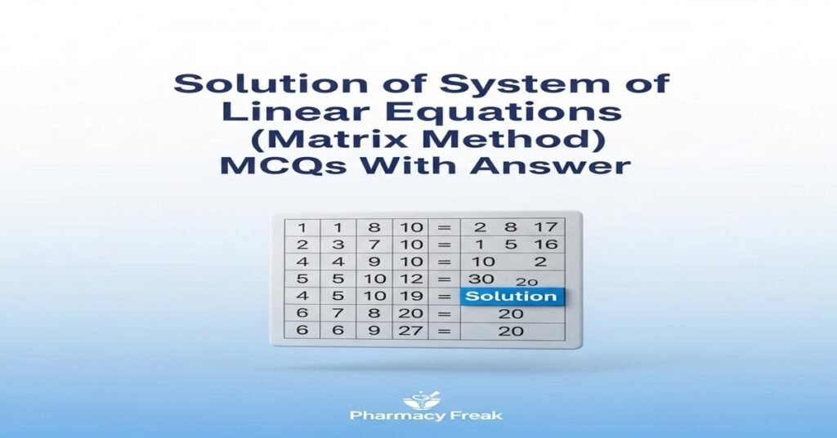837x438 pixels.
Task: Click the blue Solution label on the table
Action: click(x=511, y=297)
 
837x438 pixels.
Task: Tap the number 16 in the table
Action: click(x=544, y=245)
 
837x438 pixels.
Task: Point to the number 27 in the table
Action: click(x=407, y=331)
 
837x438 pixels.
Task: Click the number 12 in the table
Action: click(x=407, y=279)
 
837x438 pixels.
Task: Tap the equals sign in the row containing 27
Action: click(x=445, y=331)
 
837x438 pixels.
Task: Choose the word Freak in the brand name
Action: click(x=473, y=415)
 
